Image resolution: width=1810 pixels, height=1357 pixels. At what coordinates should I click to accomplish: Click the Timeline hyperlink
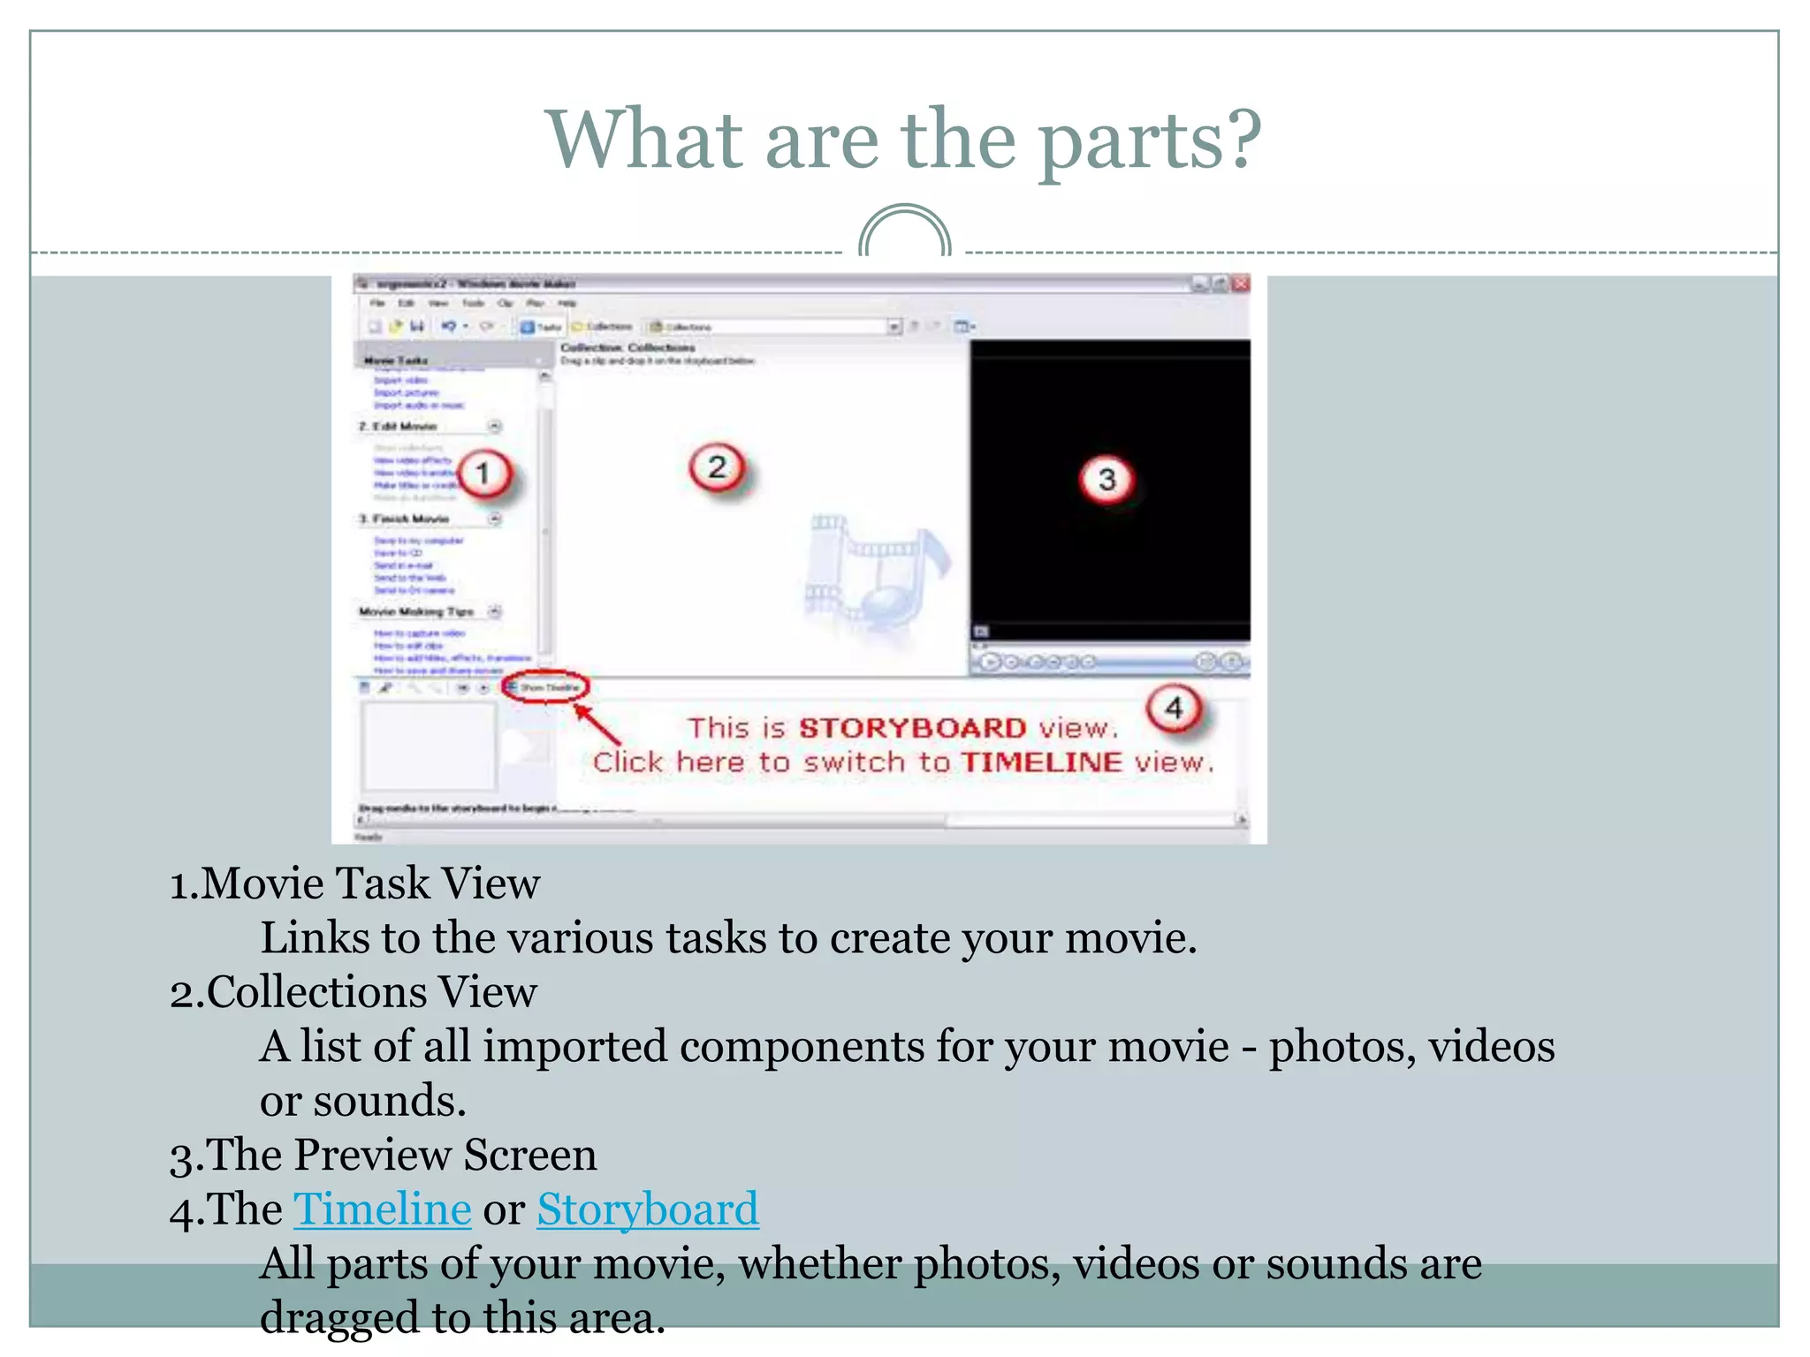(382, 1209)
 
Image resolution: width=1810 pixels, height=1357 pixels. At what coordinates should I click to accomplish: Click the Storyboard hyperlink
(647, 1209)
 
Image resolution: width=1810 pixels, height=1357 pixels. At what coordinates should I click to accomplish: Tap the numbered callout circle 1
(483, 474)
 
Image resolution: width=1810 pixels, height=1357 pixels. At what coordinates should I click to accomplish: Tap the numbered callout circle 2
(717, 466)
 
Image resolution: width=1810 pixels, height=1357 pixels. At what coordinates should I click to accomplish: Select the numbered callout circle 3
(1107, 480)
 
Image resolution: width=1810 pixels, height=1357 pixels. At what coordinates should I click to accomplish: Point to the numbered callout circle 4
(1174, 708)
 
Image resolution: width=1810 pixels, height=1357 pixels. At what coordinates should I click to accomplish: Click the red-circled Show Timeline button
(545, 687)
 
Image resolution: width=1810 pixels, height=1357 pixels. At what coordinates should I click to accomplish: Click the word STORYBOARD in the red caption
(912, 728)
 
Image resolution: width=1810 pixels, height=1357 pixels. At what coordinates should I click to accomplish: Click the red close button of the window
(1241, 284)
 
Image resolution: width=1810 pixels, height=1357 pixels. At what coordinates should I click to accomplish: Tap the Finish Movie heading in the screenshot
(410, 519)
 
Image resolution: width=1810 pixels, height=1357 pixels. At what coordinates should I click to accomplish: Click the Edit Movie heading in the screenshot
(404, 427)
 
